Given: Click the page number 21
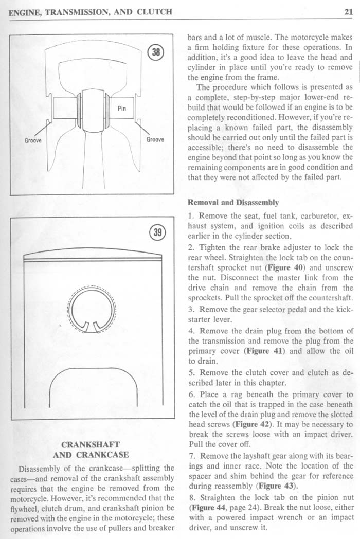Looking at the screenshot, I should [x=348, y=11].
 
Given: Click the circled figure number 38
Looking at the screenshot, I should [x=155, y=51].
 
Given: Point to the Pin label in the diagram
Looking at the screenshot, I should [x=122, y=109].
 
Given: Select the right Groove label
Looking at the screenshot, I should [x=155, y=139].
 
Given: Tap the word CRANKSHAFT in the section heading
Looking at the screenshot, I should [x=90, y=444].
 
